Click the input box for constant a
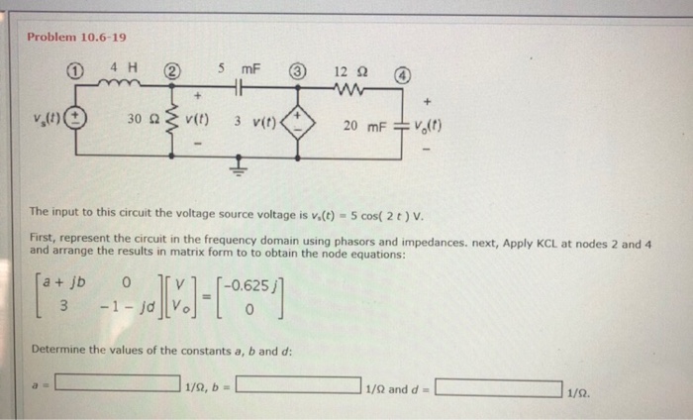pyautogui.click(x=117, y=386)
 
